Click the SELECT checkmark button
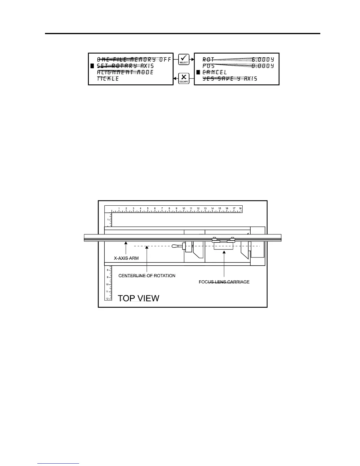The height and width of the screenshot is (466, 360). (184, 59)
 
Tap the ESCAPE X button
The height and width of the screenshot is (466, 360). (184, 79)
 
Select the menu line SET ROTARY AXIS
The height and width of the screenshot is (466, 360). (125, 66)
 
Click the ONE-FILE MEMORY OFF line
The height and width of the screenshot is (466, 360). (134, 59)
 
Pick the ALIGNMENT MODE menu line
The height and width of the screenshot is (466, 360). (125, 72)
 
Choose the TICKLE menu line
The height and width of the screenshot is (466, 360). (108, 79)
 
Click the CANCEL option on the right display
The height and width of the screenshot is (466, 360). (215, 72)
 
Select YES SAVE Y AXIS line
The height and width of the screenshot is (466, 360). (230, 79)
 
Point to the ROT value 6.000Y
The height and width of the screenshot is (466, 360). (263, 59)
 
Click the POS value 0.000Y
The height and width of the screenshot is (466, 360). (263, 66)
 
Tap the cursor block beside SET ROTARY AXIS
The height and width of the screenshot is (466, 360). (92, 66)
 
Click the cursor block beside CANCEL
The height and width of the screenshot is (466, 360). (198, 72)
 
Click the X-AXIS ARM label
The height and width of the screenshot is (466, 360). (126, 258)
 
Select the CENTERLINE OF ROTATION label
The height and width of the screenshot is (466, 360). (147, 276)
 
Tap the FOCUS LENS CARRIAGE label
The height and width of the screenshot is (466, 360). (224, 282)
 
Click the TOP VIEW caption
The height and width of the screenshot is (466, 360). (139, 298)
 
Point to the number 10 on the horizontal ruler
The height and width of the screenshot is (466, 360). (184, 209)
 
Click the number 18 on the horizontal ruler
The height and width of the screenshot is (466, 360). (240, 209)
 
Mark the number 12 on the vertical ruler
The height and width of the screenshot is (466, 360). (107, 299)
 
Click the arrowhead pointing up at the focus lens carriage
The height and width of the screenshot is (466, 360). (224, 252)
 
